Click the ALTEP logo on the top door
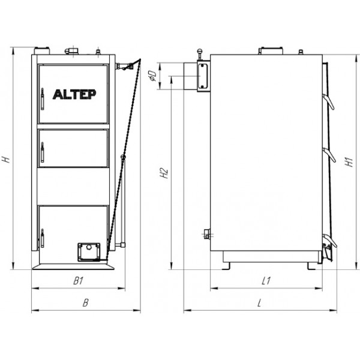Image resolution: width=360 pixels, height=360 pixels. coord(74,94)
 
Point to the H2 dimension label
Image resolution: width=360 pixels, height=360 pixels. coord(164,173)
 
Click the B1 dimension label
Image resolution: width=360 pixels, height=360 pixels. coord(78,281)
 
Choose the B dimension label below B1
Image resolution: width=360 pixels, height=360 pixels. coord(85,302)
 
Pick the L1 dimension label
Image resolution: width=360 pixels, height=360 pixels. coord(266,281)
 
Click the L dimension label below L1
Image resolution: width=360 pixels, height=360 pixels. coord(259,303)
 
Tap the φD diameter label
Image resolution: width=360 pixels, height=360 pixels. coord(152,76)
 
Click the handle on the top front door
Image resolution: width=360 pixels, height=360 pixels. coord(42,99)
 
